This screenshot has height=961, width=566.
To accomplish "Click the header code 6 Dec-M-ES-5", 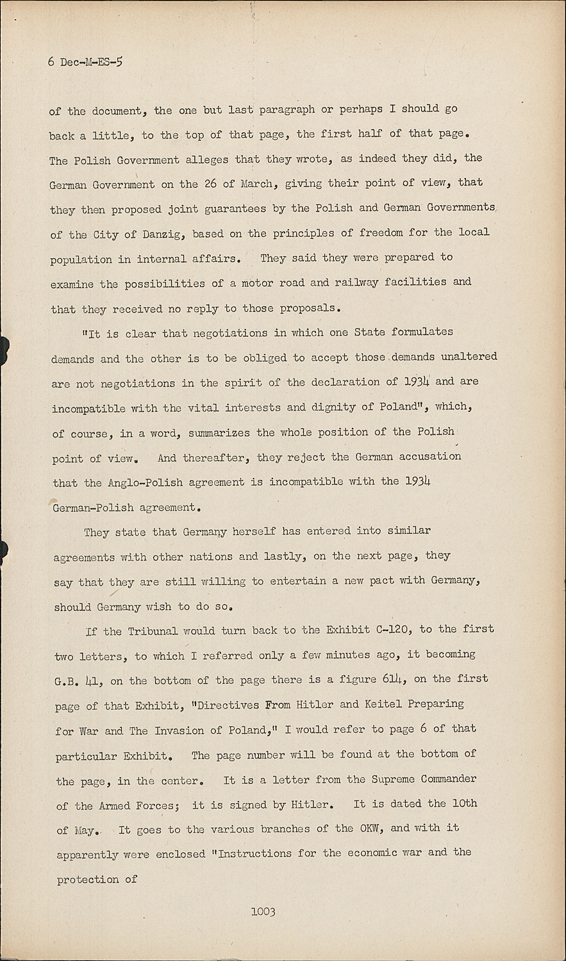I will [x=85, y=62].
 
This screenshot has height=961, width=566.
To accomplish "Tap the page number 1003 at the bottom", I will [x=263, y=911].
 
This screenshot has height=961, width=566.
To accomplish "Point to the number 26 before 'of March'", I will [x=210, y=183].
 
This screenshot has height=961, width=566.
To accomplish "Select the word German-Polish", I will [x=92, y=507].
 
